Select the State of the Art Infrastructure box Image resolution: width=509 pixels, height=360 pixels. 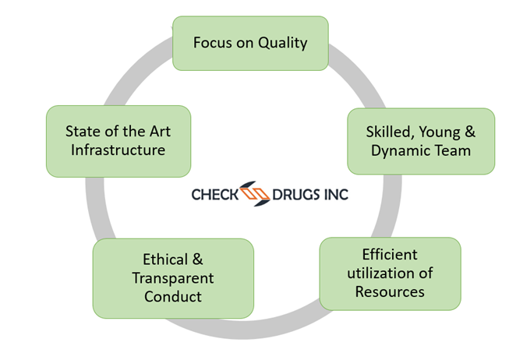[x=118, y=140]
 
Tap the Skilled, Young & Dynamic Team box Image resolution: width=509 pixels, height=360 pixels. [x=421, y=141]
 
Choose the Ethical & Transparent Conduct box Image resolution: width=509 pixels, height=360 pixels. [x=173, y=278]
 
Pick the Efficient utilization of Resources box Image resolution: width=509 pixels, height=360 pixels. [x=390, y=274]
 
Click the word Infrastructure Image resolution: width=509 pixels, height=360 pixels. [x=118, y=150]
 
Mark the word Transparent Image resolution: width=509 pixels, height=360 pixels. [x=173, y=278]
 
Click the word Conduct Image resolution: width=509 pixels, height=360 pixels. [x=173, y=296]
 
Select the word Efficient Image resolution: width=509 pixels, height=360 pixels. [x=390, y=255]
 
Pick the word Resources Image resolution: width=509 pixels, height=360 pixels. [x=390, y=292]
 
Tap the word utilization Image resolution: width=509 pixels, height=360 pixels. [x=382, y=274]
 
